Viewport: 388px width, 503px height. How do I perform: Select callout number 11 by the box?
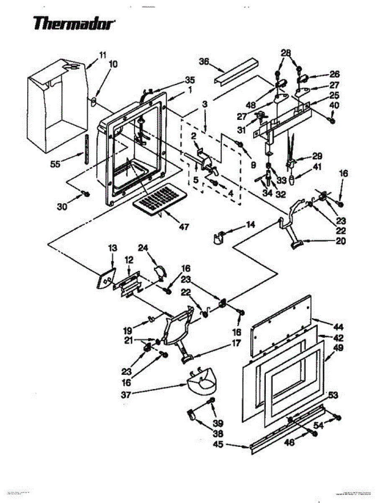103,54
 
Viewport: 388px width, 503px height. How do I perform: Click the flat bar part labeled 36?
236,71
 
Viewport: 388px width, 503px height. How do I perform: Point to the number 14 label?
250,225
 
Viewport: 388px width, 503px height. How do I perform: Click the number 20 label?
341,241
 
